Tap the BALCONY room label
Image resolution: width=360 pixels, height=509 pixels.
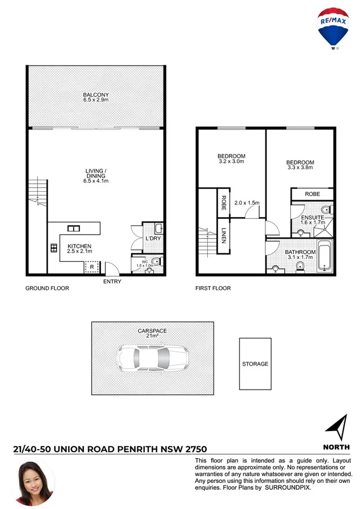point(96,95)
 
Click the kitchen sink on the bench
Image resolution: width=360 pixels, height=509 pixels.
point(74,228)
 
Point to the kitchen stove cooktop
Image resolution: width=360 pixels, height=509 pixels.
point(54,247)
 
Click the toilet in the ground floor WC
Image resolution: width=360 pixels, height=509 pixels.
point(156,261)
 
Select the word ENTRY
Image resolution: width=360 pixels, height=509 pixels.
point(112,282)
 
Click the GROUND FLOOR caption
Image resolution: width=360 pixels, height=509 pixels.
point(47,288)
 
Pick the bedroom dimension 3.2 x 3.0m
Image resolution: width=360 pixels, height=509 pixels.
point(232,162)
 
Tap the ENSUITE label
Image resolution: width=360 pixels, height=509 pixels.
point(312,217)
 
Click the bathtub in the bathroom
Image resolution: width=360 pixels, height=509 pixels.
point(324,256)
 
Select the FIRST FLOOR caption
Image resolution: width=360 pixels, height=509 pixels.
point(213,288)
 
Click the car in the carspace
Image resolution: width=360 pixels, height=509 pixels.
point(152,357)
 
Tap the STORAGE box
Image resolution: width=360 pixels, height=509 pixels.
point(255,364)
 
